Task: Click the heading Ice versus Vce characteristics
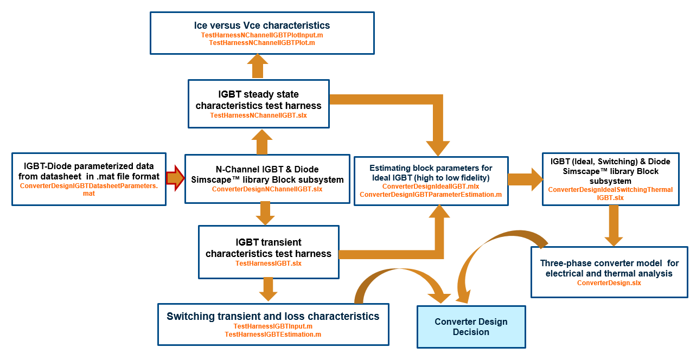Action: click(262, 25)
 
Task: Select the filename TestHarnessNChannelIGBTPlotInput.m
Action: click(262, 35)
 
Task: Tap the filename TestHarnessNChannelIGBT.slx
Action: click(258, 115)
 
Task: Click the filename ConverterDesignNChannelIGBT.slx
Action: click(267, 189)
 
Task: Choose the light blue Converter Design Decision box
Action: click(471, 326)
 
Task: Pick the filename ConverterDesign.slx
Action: click(609, 283)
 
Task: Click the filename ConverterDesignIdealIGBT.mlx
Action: click(431, 187)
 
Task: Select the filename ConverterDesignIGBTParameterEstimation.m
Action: click(431, 194)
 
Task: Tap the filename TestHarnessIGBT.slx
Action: click(268, 263)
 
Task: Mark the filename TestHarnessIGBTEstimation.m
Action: click(273, 335)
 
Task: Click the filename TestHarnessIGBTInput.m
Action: click(273, 326)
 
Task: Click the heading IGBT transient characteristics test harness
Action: click(268, 248)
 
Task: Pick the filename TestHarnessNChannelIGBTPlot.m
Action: click(262, 42)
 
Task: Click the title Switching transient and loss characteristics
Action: click(273, 316)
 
